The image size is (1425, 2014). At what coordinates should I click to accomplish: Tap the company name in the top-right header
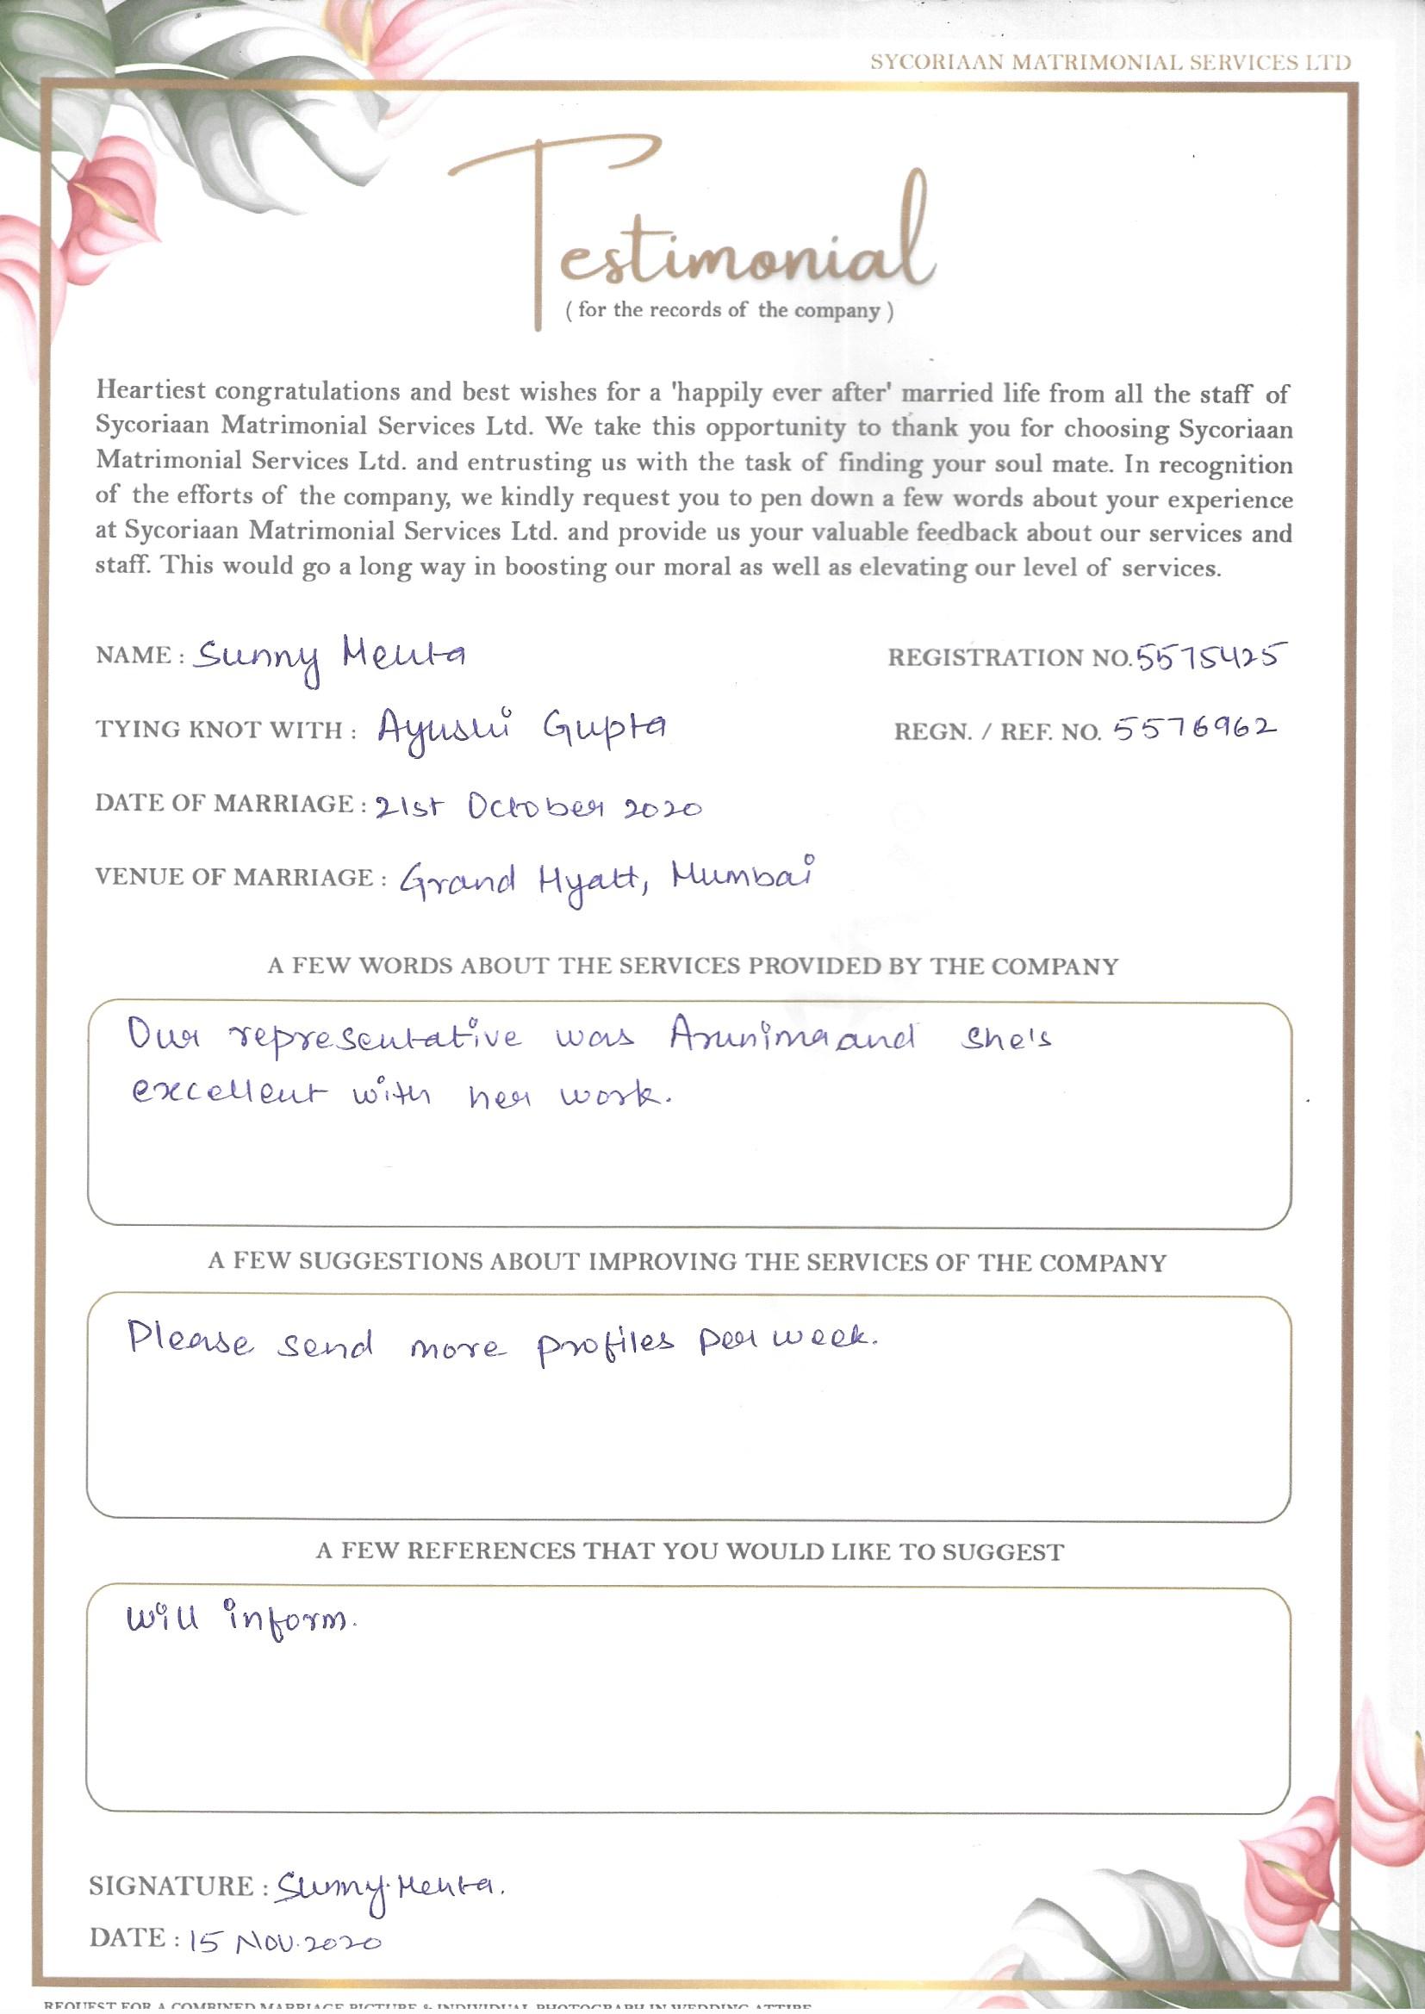point(1110,62)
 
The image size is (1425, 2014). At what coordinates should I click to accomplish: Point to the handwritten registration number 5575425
point(1210,656)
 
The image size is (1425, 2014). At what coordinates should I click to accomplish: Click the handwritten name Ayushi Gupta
point(522,728)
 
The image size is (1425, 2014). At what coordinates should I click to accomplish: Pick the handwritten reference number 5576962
point(1193,729)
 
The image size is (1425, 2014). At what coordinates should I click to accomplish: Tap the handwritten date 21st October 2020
point(537,805)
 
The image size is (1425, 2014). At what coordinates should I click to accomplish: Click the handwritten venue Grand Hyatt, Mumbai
point(606,879)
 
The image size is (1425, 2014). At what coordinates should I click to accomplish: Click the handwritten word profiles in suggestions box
point(606,1342)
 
